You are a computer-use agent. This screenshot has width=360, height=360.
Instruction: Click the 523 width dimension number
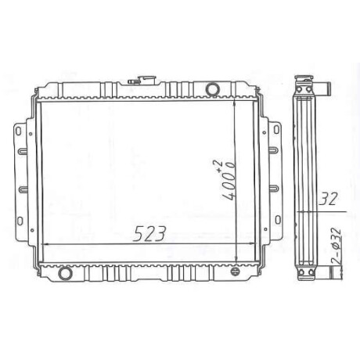tap(149, 233)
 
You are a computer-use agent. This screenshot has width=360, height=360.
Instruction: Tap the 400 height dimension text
tap(229, 185)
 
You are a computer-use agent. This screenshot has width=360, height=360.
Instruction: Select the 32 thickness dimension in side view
tap(329, 199)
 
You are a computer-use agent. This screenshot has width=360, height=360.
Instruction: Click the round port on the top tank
tap(212, 89)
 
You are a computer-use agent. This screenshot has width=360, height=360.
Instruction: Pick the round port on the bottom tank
tap(65, 273)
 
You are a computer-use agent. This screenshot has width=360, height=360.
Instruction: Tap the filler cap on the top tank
tap(142, 80)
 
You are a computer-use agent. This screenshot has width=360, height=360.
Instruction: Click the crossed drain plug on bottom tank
tap(235, 272)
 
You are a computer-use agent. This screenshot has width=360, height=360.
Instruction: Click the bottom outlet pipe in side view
tap(323, 272)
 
